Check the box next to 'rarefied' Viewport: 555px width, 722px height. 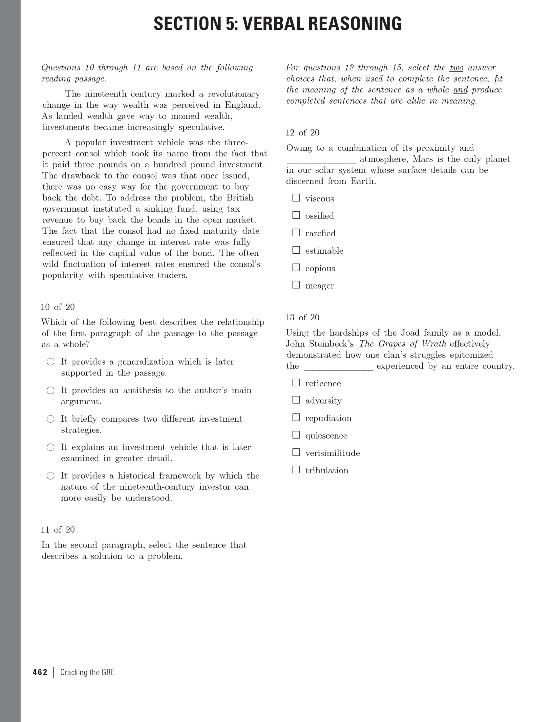(296, 233)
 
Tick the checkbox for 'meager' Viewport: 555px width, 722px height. (296, 285)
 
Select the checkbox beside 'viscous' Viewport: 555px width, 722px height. (296, 198)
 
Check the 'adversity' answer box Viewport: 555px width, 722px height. (296, 400)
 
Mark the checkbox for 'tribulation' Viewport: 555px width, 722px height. (296, 469)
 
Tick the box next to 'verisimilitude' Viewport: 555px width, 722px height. (296, 452)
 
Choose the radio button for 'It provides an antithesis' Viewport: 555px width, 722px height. (50, 390)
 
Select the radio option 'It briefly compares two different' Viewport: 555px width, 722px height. (50, 419)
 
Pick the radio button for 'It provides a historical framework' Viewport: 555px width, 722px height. (50, 476)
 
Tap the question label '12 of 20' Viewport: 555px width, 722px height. (302, 132)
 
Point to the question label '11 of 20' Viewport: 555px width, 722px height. (58, 529)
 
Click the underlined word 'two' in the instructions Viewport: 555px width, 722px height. (456, 68)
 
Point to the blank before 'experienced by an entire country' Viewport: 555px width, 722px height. (338, 367)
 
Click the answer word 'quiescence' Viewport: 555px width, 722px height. (326, 436)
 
